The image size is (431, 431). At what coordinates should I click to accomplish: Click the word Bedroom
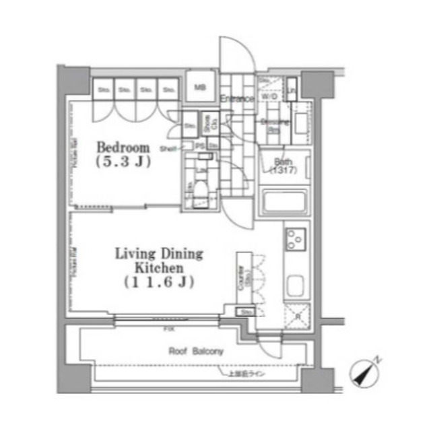[122, 147]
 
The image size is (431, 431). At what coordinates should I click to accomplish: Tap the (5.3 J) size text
[122, 162]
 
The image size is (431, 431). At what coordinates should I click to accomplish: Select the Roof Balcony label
[196, 351]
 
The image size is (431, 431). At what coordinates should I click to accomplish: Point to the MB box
[200, 88]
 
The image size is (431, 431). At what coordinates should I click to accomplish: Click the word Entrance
[236, 99]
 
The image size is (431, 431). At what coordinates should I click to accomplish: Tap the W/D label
[270, 97]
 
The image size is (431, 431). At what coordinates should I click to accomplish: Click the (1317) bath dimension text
[282, 170]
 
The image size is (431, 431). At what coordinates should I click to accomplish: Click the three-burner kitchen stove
[296, 238]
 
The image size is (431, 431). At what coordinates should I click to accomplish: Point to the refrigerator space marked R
[297, 314]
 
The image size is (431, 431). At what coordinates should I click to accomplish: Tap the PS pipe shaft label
[200, 145]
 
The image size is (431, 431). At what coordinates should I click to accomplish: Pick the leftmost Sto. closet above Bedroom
[104, 89]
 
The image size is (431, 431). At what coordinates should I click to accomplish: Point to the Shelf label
[167, 148]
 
